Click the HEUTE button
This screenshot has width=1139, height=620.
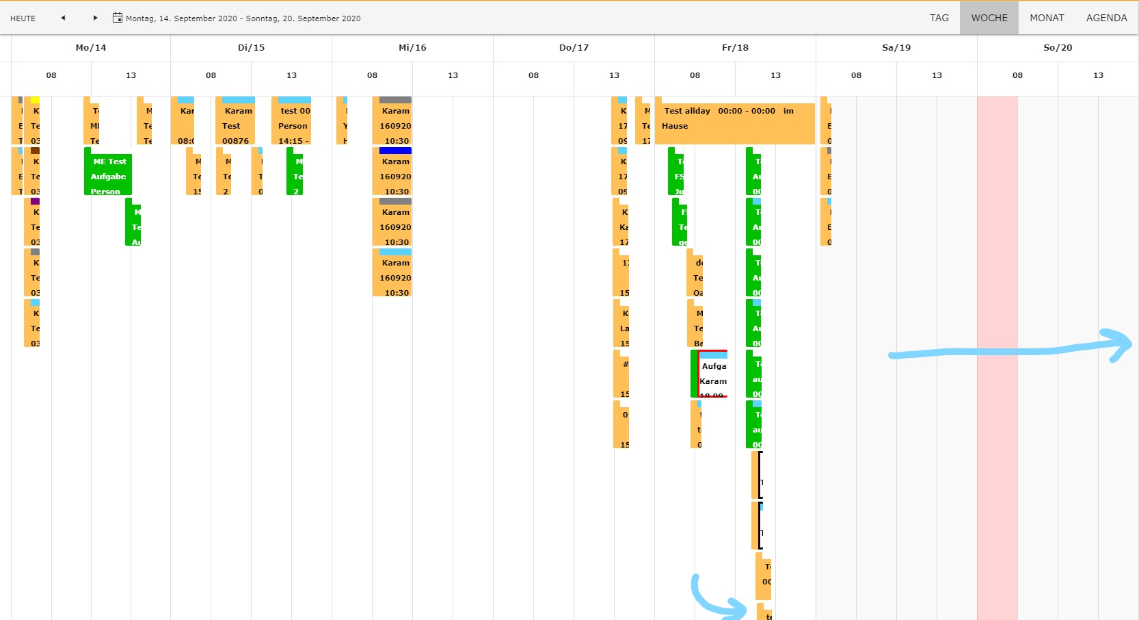[x=23, y=18]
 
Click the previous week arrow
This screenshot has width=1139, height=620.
[x=63, y=18]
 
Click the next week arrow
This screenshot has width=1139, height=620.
[x=95, y=18]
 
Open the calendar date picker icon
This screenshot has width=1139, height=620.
[x=117, y=18]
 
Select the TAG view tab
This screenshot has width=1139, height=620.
[x=939, y=18]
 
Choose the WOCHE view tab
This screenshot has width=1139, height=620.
[x=989, y=18]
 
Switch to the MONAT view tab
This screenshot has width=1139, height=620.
[x=1047, y=18]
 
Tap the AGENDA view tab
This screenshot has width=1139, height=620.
[x=1106, y=18]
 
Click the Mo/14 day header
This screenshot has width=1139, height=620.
[x=90, y=48]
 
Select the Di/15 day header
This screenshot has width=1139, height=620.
[x=251, y=48]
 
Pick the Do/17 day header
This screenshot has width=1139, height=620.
[x=574, y=48]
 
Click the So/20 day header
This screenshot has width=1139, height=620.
[x=1057, y=48]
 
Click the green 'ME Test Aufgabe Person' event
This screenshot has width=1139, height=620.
[x=109, y=174]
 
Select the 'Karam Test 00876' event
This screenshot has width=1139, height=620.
[x=235, y=123]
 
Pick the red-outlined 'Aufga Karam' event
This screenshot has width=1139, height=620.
[x=712, y=375]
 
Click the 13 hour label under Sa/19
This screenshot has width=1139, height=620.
[x=937, y=75]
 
